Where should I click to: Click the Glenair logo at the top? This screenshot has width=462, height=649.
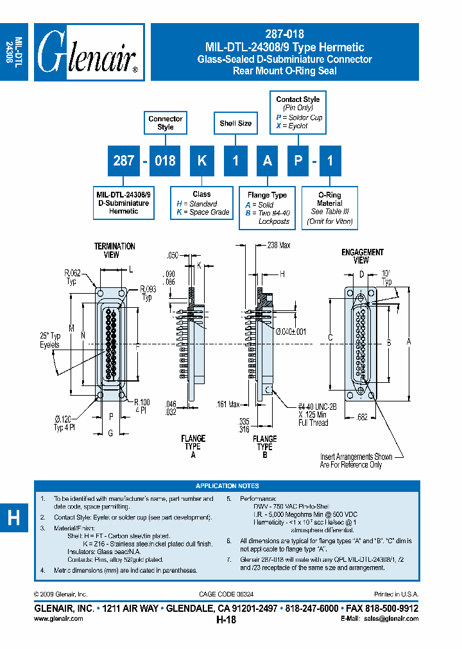(89, 53)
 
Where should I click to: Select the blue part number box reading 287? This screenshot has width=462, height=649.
(123, 160)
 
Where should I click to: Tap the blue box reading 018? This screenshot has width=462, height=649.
(165, 160)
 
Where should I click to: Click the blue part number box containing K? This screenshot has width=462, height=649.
(201, 160)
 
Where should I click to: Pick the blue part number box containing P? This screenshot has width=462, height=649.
(298, 160)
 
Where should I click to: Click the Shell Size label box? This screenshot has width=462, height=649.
(235, 123)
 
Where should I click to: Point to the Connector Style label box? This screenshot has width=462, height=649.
(165, 122)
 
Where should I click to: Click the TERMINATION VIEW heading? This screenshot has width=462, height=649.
(115, 250)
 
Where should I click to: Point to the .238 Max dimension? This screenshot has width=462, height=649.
(278, 244)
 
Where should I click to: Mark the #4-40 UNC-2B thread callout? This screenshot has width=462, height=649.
(312, 414)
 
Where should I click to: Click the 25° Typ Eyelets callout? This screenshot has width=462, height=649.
(47, 340)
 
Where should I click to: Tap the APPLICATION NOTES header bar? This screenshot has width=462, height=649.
(228, 486)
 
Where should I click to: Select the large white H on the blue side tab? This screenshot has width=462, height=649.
(13, 518)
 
